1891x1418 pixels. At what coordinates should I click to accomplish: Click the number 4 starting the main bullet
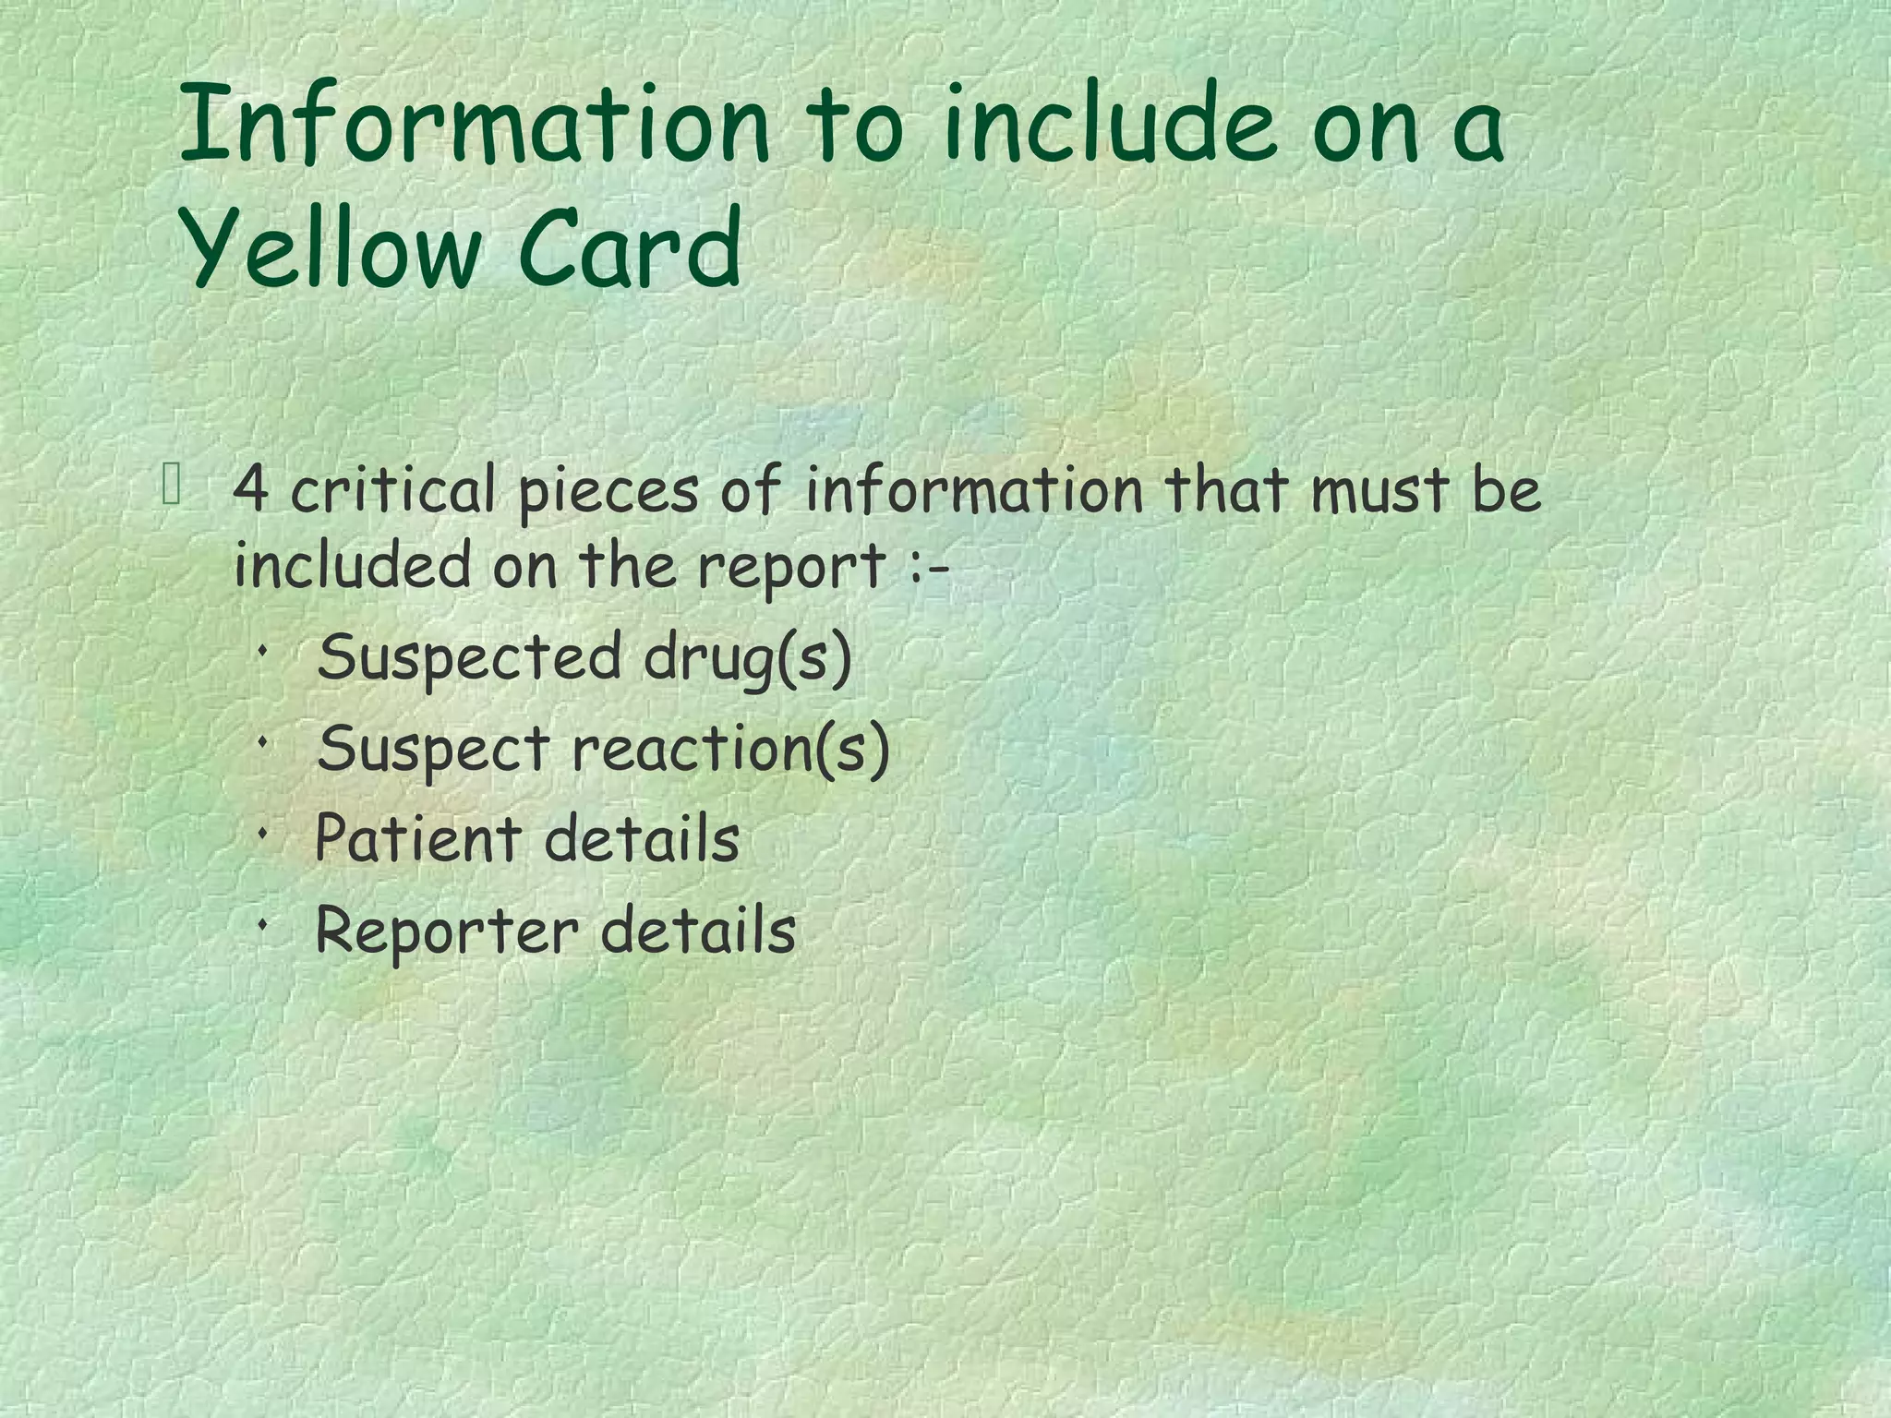click(x=250, y=489)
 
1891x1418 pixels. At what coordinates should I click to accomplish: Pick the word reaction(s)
click(x=730, y=749)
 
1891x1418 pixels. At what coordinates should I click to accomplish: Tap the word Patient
click(x=418, y=839)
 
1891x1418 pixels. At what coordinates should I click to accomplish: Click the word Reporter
click(x=447, y=931)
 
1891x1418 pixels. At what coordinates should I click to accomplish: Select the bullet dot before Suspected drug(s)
click(x=265, y=651)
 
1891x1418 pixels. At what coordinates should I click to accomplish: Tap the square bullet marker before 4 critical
click(x=172, y=487)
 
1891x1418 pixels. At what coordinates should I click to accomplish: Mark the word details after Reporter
click(x=699, y=931)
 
